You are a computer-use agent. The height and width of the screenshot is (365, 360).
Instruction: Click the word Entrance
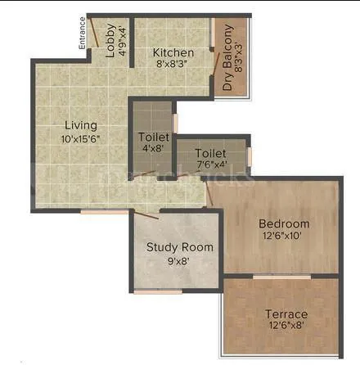(x=82, y=35)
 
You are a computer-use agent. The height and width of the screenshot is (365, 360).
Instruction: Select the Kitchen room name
(x=173, y=54)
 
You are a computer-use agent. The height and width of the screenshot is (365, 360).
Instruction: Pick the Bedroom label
(x=284, y=223)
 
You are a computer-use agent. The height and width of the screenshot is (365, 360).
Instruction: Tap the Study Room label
(x=179, y=246)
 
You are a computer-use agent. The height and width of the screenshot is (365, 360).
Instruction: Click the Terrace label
(x=286, y=313)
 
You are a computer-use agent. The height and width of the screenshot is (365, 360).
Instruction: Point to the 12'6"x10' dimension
(x=284, y=237)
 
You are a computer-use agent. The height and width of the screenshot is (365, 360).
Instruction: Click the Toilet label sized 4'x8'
(x=153, y=137)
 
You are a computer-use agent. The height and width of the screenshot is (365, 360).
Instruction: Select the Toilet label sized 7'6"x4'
(x=210, y=152)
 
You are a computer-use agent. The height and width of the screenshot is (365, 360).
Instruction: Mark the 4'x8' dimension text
(x=153, y=149)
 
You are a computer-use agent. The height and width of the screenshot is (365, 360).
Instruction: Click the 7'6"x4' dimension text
(x=210, y=164)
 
